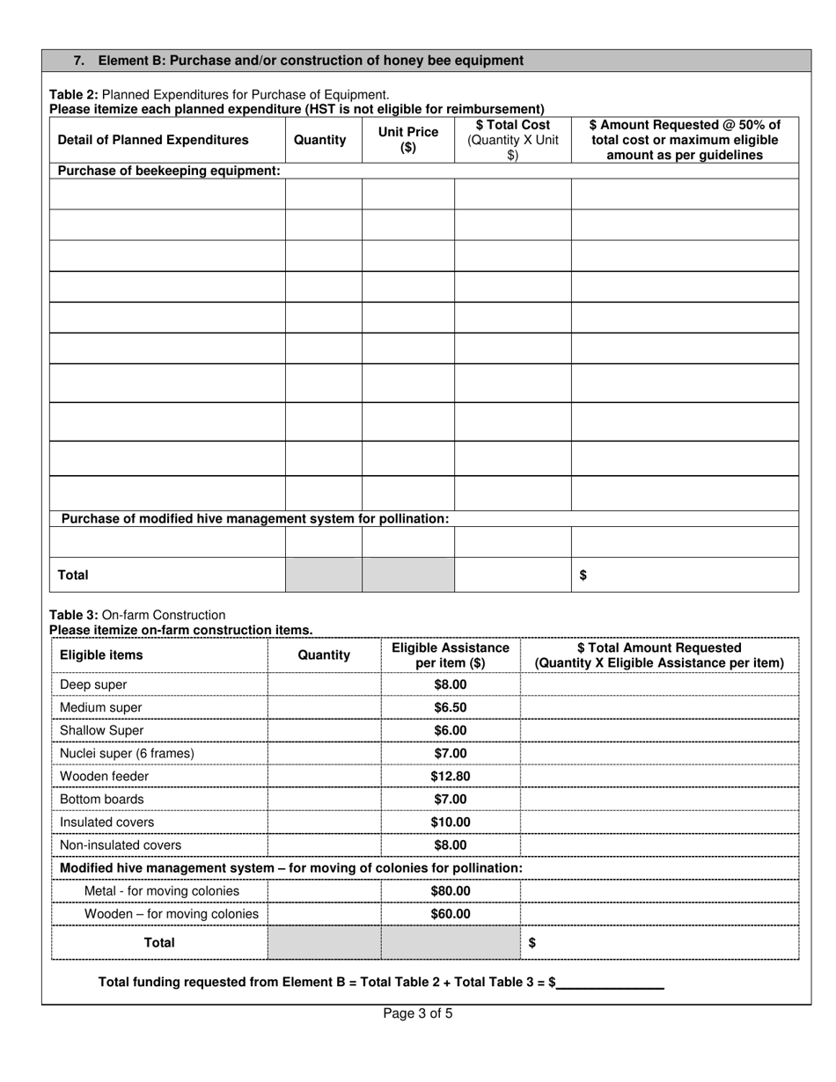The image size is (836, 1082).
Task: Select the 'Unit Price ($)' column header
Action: click(407, 140)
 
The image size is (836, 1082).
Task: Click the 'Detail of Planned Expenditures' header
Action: click(153, 140)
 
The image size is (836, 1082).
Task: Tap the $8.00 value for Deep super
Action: click(450, 684)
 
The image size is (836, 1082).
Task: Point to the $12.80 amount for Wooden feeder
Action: click(450, 776)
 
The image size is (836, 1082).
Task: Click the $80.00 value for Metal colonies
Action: click(450, 890)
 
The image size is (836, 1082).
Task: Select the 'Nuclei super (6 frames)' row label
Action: click(127, 753)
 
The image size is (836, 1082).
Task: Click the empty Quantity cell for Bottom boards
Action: click(324, 799)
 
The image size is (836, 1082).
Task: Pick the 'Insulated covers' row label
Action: click(106, 822)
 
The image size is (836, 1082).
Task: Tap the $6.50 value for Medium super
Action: click(450, 707)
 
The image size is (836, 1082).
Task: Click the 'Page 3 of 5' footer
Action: click(418, 1013)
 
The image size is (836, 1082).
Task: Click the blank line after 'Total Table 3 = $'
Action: click(610, 982)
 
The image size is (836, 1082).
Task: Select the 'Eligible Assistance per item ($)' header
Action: click(450, 655)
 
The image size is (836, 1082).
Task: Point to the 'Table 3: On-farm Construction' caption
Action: click(137, 615)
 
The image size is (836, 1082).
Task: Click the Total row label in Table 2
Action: click(73, 574)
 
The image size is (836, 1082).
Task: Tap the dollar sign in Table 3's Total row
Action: click(532, 942)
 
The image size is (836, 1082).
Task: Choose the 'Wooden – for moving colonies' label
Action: click(171, 914)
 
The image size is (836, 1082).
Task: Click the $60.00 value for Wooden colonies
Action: click(450, 914)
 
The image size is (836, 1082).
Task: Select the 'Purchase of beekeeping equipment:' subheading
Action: click(169, 171)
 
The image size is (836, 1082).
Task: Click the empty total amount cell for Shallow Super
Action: click(659, 730)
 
